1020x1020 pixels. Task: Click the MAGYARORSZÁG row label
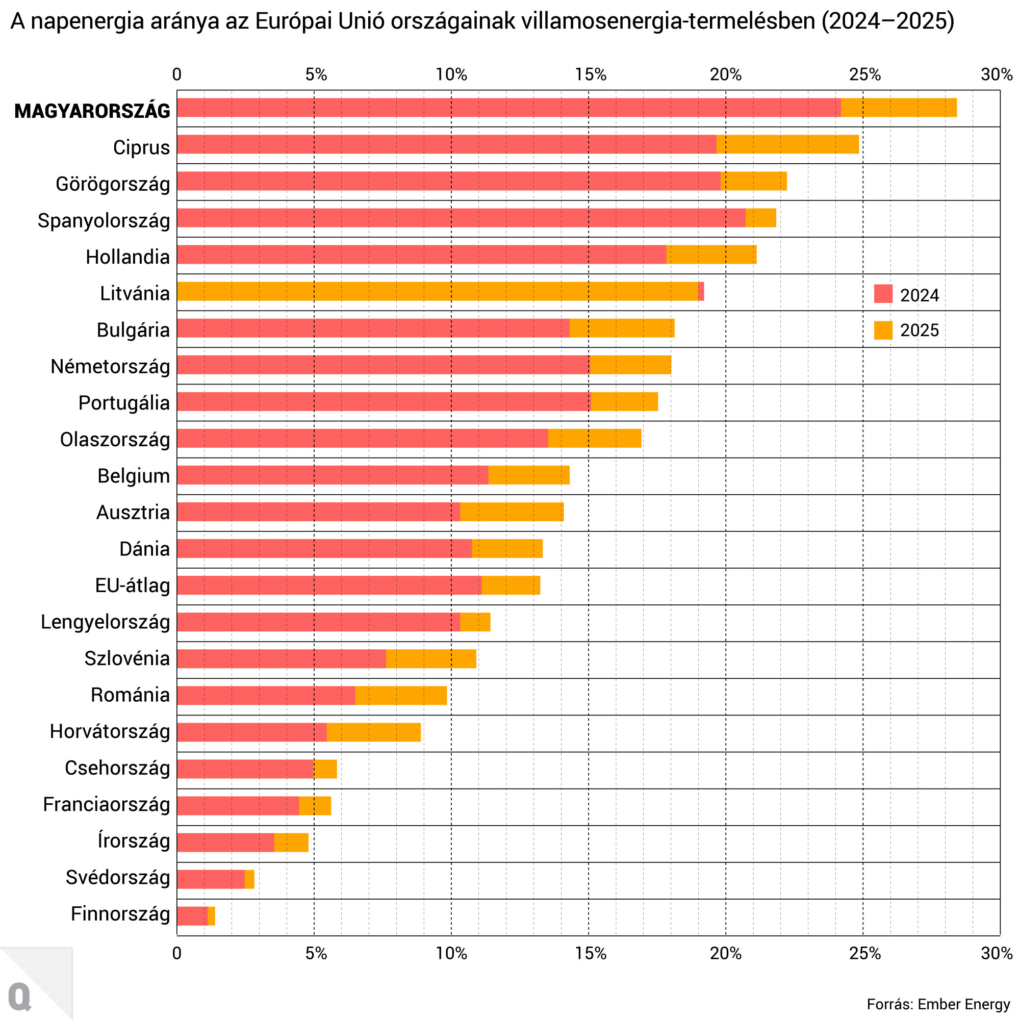click(92, 111)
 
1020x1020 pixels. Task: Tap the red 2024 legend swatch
click(883, 294)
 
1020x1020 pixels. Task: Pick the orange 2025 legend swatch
click(883, 330)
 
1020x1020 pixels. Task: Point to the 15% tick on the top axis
click(590, 74)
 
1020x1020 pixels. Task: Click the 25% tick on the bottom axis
click(865, 954)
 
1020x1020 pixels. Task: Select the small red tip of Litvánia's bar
click(701, 291)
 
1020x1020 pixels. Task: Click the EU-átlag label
click(133, 585)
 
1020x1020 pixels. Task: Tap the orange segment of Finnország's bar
click(212, 916)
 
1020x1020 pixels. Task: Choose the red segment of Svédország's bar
click(211, 879)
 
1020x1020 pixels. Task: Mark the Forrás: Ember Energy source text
click(938, 1004)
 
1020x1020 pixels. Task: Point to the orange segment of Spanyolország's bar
click(760, 218)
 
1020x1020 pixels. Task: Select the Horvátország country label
click(110, 732)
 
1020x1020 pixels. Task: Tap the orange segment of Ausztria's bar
click(512, 512)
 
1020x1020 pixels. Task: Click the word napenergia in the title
click(86, 21)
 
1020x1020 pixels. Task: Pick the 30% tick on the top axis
click(997, 74)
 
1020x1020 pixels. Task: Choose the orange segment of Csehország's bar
click(325, 769)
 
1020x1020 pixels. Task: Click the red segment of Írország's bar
click(225, 842)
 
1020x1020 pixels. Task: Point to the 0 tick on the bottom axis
click(177, 954)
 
